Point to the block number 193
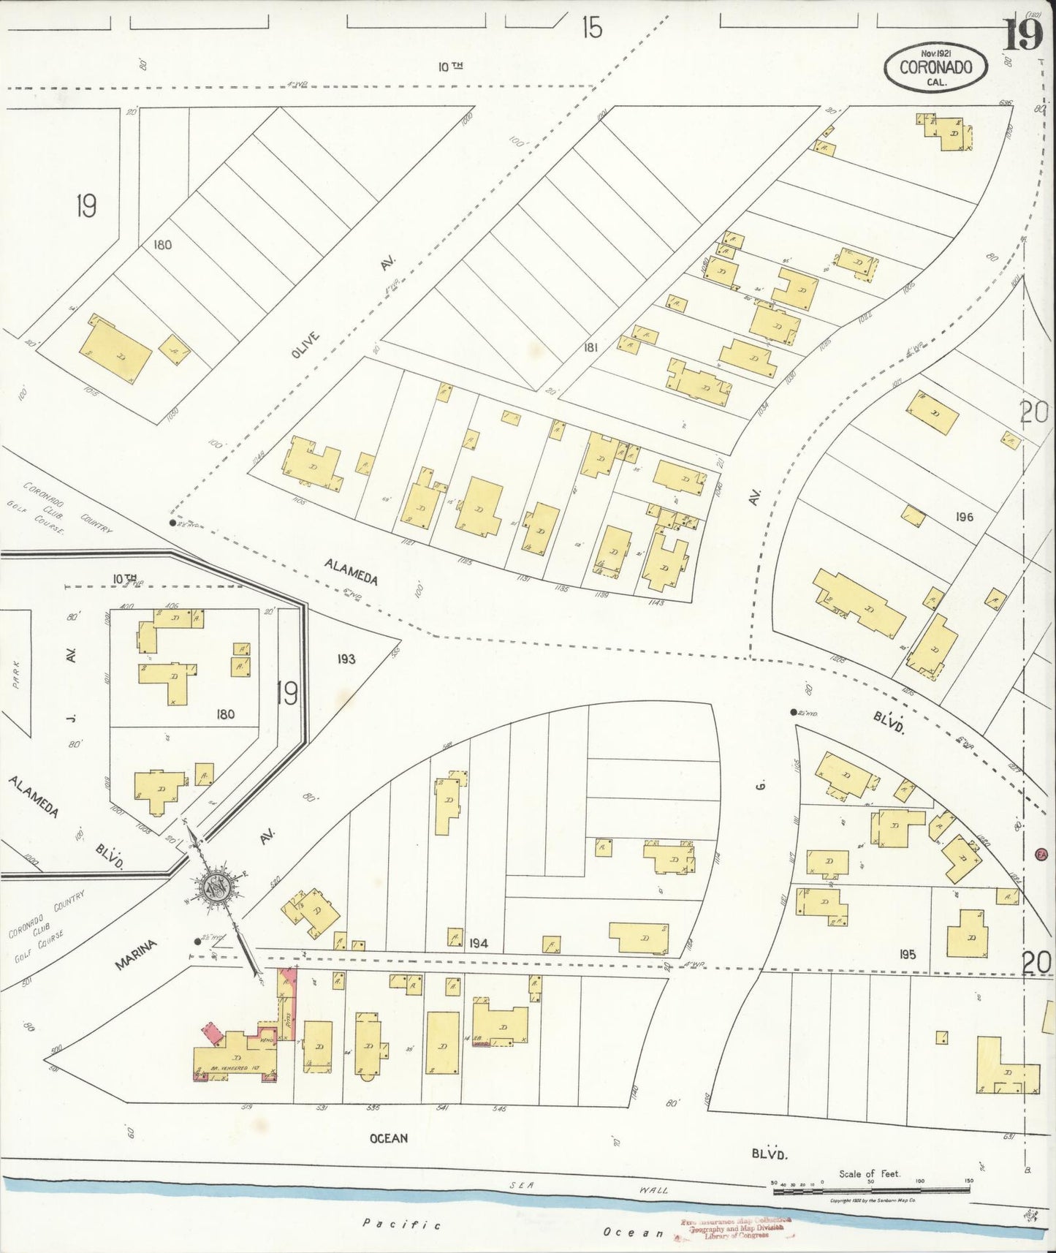346,659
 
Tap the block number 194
479,944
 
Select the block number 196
964,517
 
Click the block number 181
590,348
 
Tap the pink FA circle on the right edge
1041,853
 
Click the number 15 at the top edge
591,28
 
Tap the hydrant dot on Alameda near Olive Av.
172,523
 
